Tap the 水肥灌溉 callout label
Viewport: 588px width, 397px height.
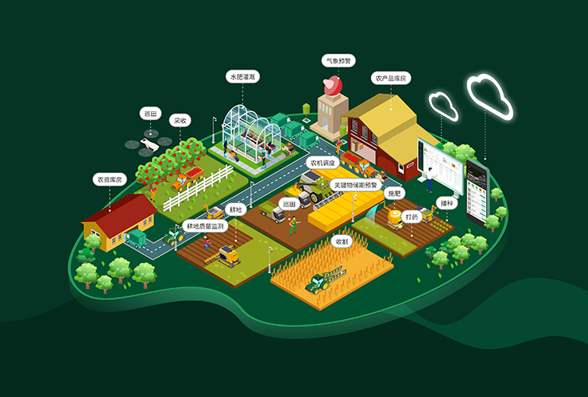pyautogui.click(x=243, y=77)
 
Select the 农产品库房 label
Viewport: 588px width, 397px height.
pyautogui.click(x=389, y=78)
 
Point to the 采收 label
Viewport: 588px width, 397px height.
pyautogui.click(x=180, y=121)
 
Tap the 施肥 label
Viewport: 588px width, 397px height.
pyautogui.click(x=394, y=193)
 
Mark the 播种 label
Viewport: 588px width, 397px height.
pyautogui.click(x=448, y=203)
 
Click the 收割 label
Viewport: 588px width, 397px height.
pyautogui.click(x=342, y=241)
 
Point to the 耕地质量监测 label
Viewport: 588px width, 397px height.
pyautogui.click(x=204, y=226)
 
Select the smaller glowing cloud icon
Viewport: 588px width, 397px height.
pyautogui.click(x=443, y=106)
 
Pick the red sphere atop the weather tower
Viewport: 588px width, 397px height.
pyautogui.click(x=331, y=85)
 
